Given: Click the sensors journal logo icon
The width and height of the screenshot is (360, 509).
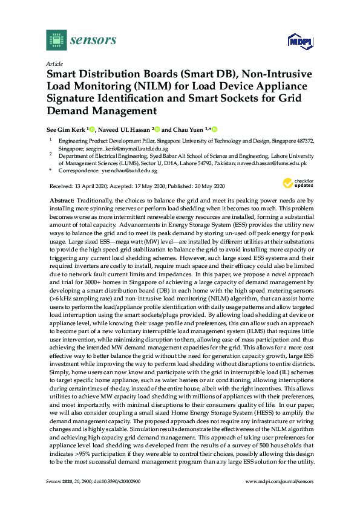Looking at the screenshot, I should (56, 40).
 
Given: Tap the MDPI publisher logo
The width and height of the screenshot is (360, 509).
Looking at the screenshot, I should (296, 41).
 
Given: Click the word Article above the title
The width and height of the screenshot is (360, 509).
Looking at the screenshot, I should (54, 63).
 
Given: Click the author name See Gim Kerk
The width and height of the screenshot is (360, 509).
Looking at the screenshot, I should (66, 129).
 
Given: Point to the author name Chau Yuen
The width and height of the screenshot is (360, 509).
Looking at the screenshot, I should (188, 129).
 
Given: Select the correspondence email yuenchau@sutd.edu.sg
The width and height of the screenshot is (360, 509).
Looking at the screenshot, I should (126, 171).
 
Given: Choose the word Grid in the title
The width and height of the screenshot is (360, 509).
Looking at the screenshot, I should (296, 99).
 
